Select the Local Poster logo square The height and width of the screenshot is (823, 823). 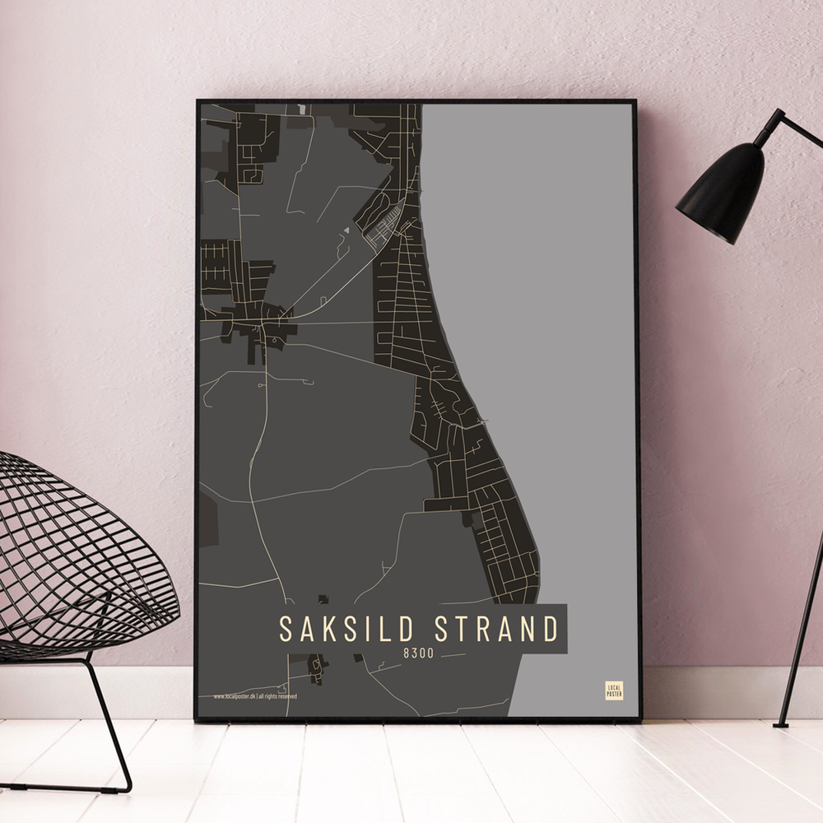(x=614, y=690)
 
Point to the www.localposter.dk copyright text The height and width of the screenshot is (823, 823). (x=255, y=696)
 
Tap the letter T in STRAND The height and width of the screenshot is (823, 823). (x=463, y=630)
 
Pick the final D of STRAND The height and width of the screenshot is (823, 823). (x=550, y=630)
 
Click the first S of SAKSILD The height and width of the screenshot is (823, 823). (x=286, y=630)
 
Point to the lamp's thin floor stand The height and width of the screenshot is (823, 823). (x=802, y=625)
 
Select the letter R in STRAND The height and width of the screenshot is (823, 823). (x=483, y=630)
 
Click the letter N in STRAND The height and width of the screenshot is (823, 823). (x=528, y=630)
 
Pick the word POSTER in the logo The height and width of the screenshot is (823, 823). (x=614, y=694)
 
